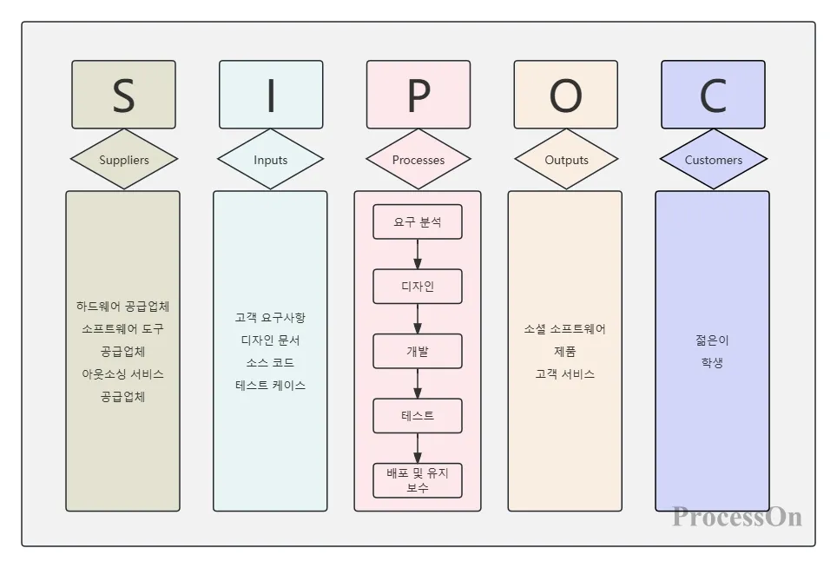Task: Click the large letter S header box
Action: (123, 95)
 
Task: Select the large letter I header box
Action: (271, 95)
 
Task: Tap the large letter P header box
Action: (418, 95)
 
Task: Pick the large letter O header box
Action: (565, 95)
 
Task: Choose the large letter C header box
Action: (713, 95)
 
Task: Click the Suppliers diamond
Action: (123, 160)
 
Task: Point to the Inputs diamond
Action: (270, 160)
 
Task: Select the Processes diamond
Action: (418, 160)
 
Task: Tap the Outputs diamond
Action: (566, 160)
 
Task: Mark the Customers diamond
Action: (713, 160)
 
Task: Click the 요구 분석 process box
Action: (418, 221)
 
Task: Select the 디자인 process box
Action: (418, 287)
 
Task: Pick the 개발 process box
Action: (418, 352)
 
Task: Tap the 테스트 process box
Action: (418, 416)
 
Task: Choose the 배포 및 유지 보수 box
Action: (418, 480)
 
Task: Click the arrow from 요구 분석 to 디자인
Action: (418, 254)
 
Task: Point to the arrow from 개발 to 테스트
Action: (418, 383)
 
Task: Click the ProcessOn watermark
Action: (736, 517)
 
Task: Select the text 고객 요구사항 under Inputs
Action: (270, 318)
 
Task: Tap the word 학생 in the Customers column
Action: (712, 363)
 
